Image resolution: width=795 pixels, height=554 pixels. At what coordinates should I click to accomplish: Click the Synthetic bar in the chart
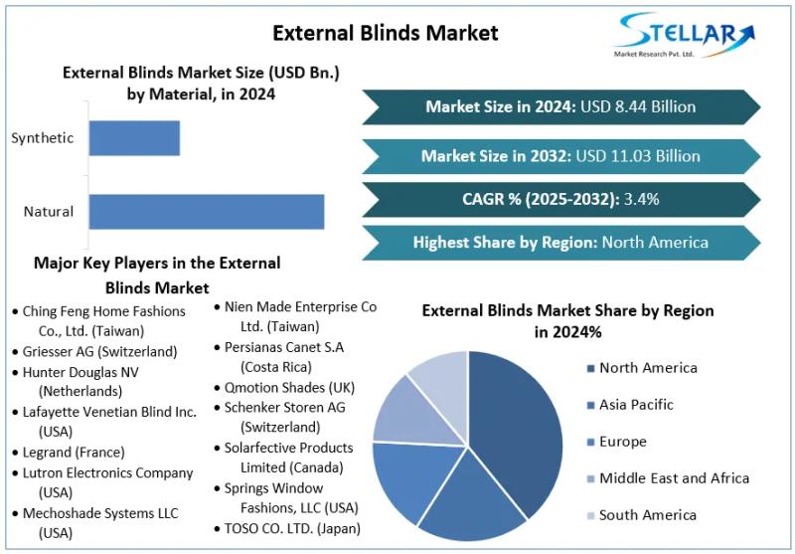click(x=134, y=138)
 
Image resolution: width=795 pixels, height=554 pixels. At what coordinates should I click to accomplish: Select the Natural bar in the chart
click(x=206, y=212)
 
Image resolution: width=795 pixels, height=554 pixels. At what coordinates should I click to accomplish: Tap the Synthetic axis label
click(x=43, y=138)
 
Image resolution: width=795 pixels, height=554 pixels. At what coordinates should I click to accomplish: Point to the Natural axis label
click(x=49, y=212)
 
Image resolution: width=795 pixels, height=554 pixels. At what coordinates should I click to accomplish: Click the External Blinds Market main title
click(x=386, y=33)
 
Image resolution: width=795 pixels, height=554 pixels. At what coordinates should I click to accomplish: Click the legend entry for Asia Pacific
click(x=636, y=405)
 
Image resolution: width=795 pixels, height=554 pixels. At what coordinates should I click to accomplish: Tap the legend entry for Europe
click(x=622, y=442)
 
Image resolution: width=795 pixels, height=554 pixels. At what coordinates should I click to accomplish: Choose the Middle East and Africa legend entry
click(x=673, y=478)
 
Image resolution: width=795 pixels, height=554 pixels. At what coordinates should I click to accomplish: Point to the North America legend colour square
click(x=590, y=369)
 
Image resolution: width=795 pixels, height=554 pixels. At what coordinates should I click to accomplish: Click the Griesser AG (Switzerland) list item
click(x=99, y=351)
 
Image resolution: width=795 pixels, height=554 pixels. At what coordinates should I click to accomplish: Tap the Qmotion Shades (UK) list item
click(x=289, y=387)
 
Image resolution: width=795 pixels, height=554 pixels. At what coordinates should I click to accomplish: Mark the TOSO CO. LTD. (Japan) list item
click(x=292, y=528)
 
